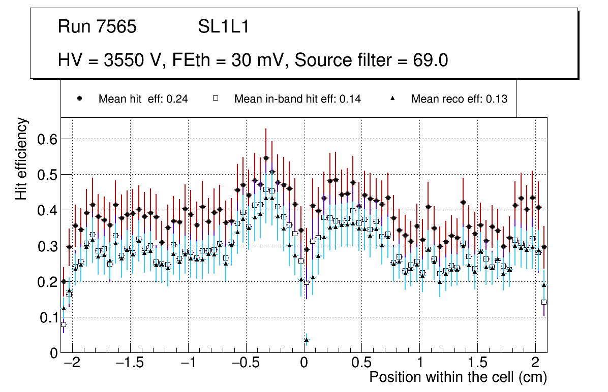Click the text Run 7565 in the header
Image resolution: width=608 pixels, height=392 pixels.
[x=97, y=27]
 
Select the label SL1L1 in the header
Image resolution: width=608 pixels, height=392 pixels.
[x=224, y=27]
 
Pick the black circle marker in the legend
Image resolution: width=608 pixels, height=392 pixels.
[x=80, y=99]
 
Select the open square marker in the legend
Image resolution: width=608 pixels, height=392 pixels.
[x=215, y=99]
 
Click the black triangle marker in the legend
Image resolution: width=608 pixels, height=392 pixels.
[x=392, y=99]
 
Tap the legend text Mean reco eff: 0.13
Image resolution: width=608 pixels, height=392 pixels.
[x=459, y=99]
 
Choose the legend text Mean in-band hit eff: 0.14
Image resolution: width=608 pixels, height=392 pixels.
[x=297, y=99]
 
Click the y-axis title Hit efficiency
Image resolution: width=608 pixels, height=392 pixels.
[x=22, y=158]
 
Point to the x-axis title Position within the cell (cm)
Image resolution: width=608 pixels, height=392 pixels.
[x=458, y=377]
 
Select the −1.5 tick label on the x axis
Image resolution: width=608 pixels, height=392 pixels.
[x=130, y=364]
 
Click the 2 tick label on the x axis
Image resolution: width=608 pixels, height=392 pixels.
[x=535, y=364]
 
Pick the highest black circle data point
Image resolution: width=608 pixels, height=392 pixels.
[x=266, y=158]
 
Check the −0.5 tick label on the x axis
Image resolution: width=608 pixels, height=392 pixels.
[x=246, y=364]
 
